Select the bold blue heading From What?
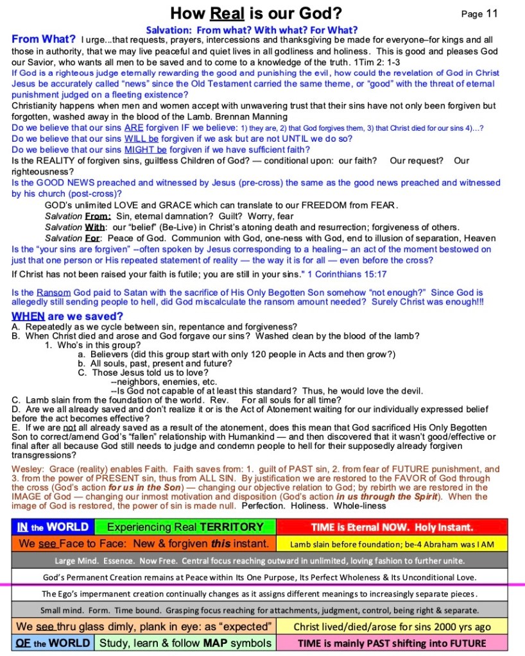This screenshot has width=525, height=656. coord(44,40)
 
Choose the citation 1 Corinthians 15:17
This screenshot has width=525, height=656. coord(347,274)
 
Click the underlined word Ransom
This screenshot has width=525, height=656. coord(53,292)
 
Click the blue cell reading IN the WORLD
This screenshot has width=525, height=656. coord(53,527)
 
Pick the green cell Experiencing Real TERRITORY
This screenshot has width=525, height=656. coord(185,527)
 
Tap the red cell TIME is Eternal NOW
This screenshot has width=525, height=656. coord(392,527)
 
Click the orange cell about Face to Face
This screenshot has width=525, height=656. coord(144,544)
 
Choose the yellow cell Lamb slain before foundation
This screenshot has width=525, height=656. coord(392,544)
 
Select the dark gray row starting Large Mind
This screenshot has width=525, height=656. coord(263,560)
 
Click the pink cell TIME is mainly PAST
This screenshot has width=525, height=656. coord(392,642)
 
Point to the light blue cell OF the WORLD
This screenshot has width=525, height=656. coord(53,642)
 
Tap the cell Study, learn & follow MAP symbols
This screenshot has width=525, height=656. coord(185,642)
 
